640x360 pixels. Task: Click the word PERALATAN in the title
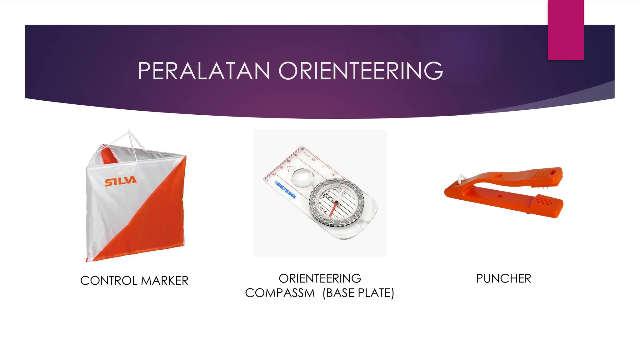pos(204,71)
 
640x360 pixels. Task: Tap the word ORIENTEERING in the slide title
pos(361,71)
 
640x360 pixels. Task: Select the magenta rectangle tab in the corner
pos(566,30)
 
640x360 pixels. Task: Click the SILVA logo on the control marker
pos(121,181)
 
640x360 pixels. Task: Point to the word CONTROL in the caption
pos(109,281)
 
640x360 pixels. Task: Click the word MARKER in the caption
pos(165,281)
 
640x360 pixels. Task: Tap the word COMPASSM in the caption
pos(280,293)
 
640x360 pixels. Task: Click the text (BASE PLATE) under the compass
pos(358,293)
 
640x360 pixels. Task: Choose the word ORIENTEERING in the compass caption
pos(320,278)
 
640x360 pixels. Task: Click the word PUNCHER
pos(503,278)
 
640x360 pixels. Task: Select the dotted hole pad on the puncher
pos(545,200)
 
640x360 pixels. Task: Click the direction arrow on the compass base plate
pos(291,169)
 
